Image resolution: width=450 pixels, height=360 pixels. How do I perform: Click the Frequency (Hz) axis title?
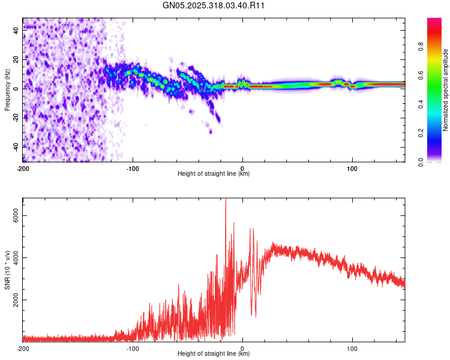coord(7,89)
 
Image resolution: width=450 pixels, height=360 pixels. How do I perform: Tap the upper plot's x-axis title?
coord(214,173)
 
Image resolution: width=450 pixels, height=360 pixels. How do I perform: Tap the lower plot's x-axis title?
coord(214,353)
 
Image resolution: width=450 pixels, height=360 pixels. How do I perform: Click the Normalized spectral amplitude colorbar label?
coord(446,89)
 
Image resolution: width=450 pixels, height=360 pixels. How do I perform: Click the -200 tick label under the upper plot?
coord(23,167)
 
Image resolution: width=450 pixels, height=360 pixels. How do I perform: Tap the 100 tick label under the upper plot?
coord(352,167)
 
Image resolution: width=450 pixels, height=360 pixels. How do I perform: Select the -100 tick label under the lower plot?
coord(133,347)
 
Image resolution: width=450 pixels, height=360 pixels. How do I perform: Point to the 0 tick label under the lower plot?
coord(242,347)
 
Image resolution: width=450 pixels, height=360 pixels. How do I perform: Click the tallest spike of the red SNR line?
coord(226,200)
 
